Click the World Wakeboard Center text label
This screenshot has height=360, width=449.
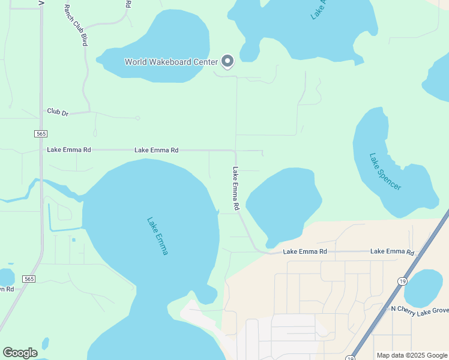coord(170,62)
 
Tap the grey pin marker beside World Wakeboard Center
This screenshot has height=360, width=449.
coord(228,61)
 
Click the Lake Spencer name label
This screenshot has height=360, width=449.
coord(385,172)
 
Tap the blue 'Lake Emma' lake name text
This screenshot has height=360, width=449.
coord(157,236)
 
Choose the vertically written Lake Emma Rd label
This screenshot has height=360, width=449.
coord(237,188)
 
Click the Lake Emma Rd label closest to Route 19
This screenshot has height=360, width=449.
coord(392,252)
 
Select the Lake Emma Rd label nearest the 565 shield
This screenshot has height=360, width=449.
coord(68,149)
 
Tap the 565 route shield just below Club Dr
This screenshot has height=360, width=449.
coord(41,133)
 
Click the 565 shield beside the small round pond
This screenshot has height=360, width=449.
coord(28,279)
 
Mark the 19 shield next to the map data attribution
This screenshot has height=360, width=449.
coord(351,358)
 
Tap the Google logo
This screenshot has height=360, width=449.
coord(20,353)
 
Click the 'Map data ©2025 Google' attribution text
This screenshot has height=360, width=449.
coord(411,355)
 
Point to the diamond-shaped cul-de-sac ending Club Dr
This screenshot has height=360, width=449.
coord(137,118)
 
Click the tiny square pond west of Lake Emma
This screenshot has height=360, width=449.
coord(74,240)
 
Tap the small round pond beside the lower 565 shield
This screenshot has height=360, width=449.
coord(6,277)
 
